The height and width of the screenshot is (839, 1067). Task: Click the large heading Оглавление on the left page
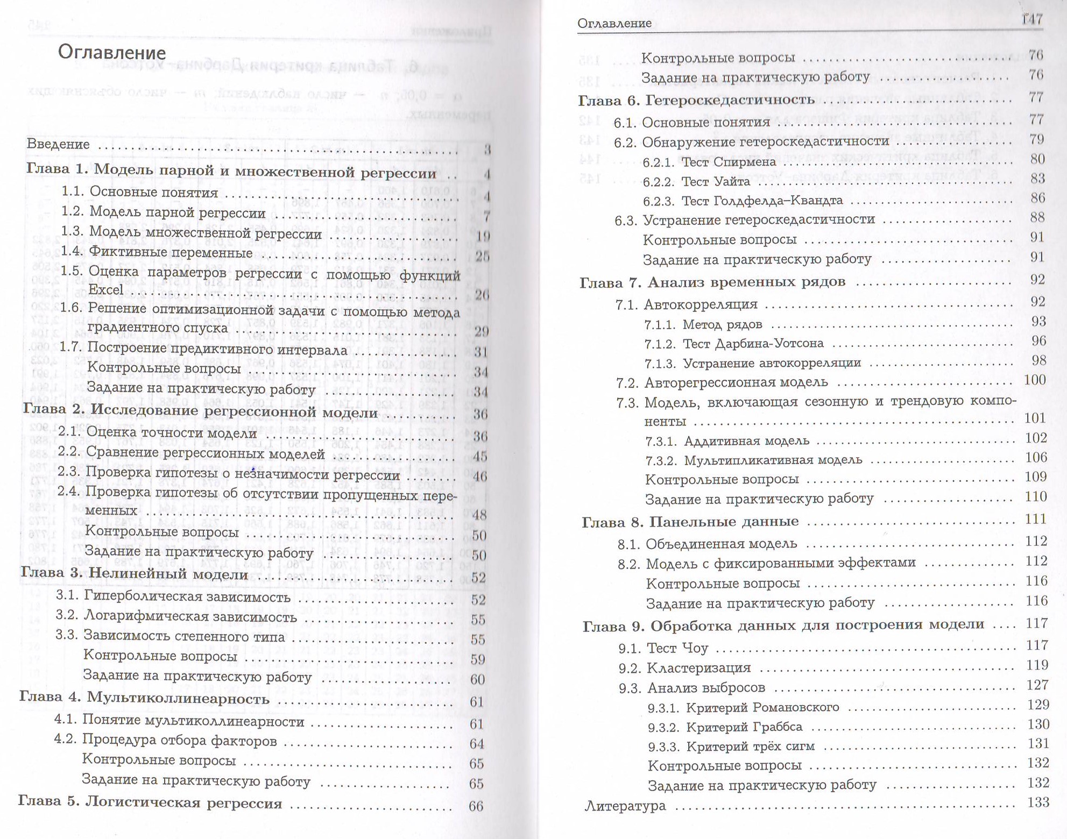click(112, 53)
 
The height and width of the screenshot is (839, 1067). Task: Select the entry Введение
click(58, 144)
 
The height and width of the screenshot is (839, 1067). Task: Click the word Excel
click(105, 290)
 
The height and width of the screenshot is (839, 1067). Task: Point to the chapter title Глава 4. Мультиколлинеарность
click(144, 699)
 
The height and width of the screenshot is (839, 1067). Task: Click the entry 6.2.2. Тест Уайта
click(696, 182)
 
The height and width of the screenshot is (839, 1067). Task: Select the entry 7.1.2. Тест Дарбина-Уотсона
click(734, 343)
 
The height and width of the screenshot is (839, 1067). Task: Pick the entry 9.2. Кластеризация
click(684, 668)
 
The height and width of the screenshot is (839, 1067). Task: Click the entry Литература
click(625, 806)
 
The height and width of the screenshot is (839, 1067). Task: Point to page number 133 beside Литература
click(1038, 802)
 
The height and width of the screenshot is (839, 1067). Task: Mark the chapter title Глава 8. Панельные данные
click(690, 522)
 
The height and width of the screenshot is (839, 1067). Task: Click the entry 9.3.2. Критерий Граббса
click(725, 727)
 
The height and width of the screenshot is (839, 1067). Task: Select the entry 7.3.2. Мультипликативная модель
click(754, 460)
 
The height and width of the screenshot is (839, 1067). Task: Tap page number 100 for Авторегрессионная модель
click(1035, 380)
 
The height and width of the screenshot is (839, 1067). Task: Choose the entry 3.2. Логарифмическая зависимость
click(176, 617)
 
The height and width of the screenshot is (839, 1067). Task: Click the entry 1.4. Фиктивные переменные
click(157, 252)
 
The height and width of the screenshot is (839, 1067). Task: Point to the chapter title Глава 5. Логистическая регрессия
click(150, 803)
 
